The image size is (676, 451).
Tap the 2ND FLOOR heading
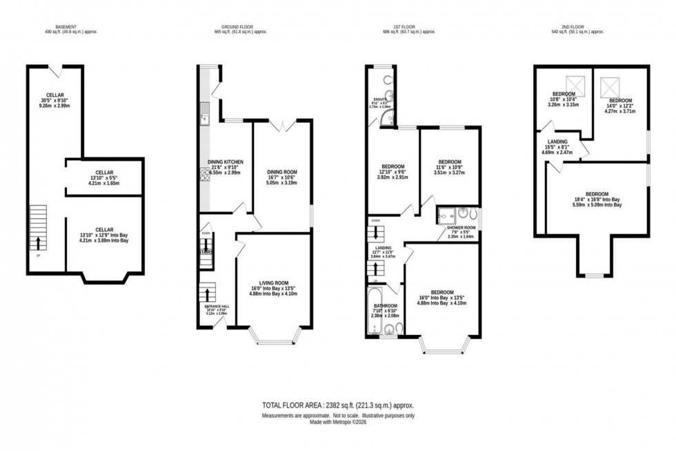click(x=577, y=28)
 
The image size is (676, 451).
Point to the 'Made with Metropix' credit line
click(x=337, y=422)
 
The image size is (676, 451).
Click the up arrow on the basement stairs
click(x=37, y=243)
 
